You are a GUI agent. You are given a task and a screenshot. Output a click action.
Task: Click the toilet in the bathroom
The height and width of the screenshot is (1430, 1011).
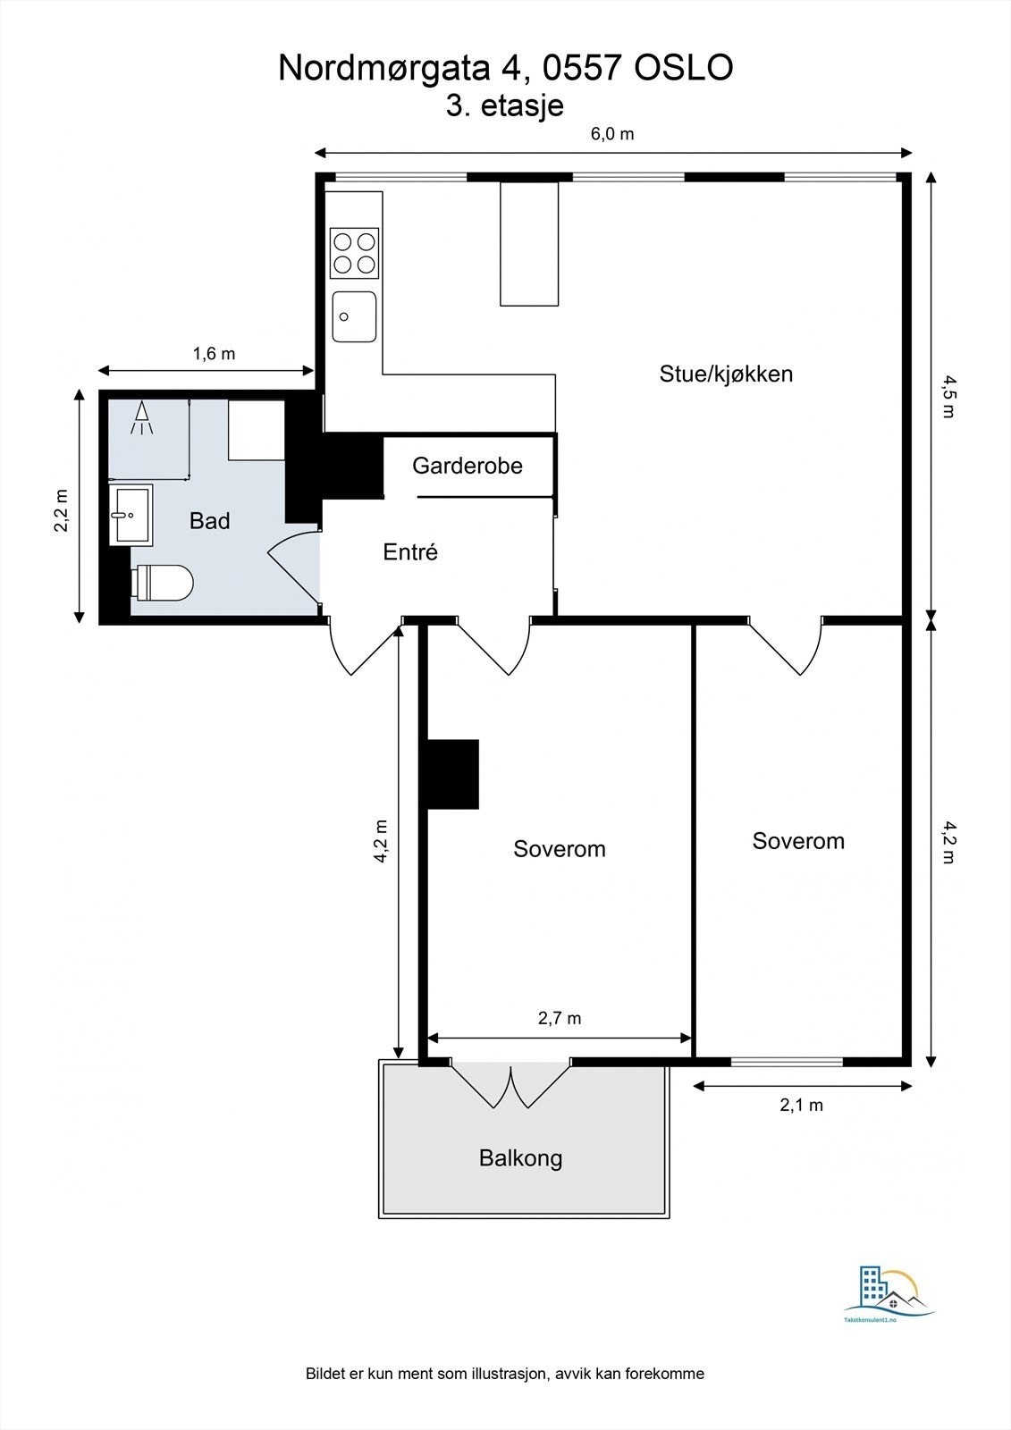[163, 583]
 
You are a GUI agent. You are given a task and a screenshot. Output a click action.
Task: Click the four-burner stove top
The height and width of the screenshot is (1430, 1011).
[354, 253]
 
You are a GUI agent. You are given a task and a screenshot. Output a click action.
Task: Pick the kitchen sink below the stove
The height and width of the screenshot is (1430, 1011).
[354, 316]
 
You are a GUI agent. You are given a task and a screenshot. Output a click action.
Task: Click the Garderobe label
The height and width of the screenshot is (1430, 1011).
[467, 465]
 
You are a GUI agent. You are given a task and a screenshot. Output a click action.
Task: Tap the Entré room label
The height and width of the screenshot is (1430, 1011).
[410, 552]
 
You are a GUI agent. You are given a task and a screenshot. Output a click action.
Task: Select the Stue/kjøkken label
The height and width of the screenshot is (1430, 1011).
[726, 374]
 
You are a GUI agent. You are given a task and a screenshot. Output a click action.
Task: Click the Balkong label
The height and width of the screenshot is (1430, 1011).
[520, 1158]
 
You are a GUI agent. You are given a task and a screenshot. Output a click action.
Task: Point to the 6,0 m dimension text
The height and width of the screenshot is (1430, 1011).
[612, 134]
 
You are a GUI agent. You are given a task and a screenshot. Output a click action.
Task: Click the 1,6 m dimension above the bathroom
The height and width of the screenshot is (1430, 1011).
[215, 354]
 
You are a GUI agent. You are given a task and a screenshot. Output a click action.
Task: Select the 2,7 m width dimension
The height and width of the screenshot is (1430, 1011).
[560, 1018]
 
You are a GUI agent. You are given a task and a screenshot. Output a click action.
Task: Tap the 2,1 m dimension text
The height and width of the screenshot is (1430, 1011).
[802, 1105]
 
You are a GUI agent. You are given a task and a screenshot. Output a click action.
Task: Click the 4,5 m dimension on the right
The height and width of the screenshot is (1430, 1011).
[948, 397]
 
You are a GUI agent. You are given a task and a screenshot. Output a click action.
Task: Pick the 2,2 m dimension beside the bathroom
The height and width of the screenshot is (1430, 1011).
[61, 510]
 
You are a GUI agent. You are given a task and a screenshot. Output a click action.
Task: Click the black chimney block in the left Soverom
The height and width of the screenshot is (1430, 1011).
[453, 774]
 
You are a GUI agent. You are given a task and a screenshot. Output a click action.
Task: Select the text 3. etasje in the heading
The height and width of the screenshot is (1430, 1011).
[505, 105]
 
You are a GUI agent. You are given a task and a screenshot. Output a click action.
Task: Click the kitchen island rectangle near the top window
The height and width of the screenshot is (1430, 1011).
[528, 243]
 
